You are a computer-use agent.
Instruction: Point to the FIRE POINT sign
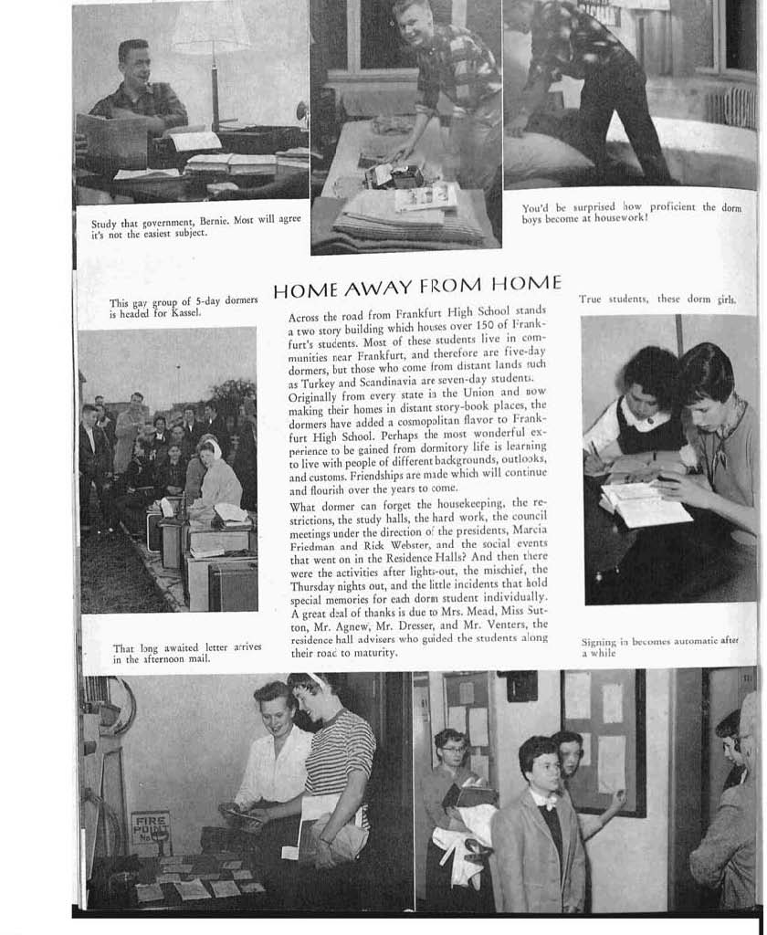pyautogui.click(x=150, y=828)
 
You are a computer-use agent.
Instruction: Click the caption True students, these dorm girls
pyautogui.click(x=657, y=299)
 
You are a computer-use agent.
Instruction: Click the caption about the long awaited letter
pyautogui.click(x=186, y=652)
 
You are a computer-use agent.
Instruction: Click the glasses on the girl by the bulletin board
pyautogui.click(x=453, y=750)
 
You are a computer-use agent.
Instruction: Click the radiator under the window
pyautogui.click(x=730, y=108)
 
